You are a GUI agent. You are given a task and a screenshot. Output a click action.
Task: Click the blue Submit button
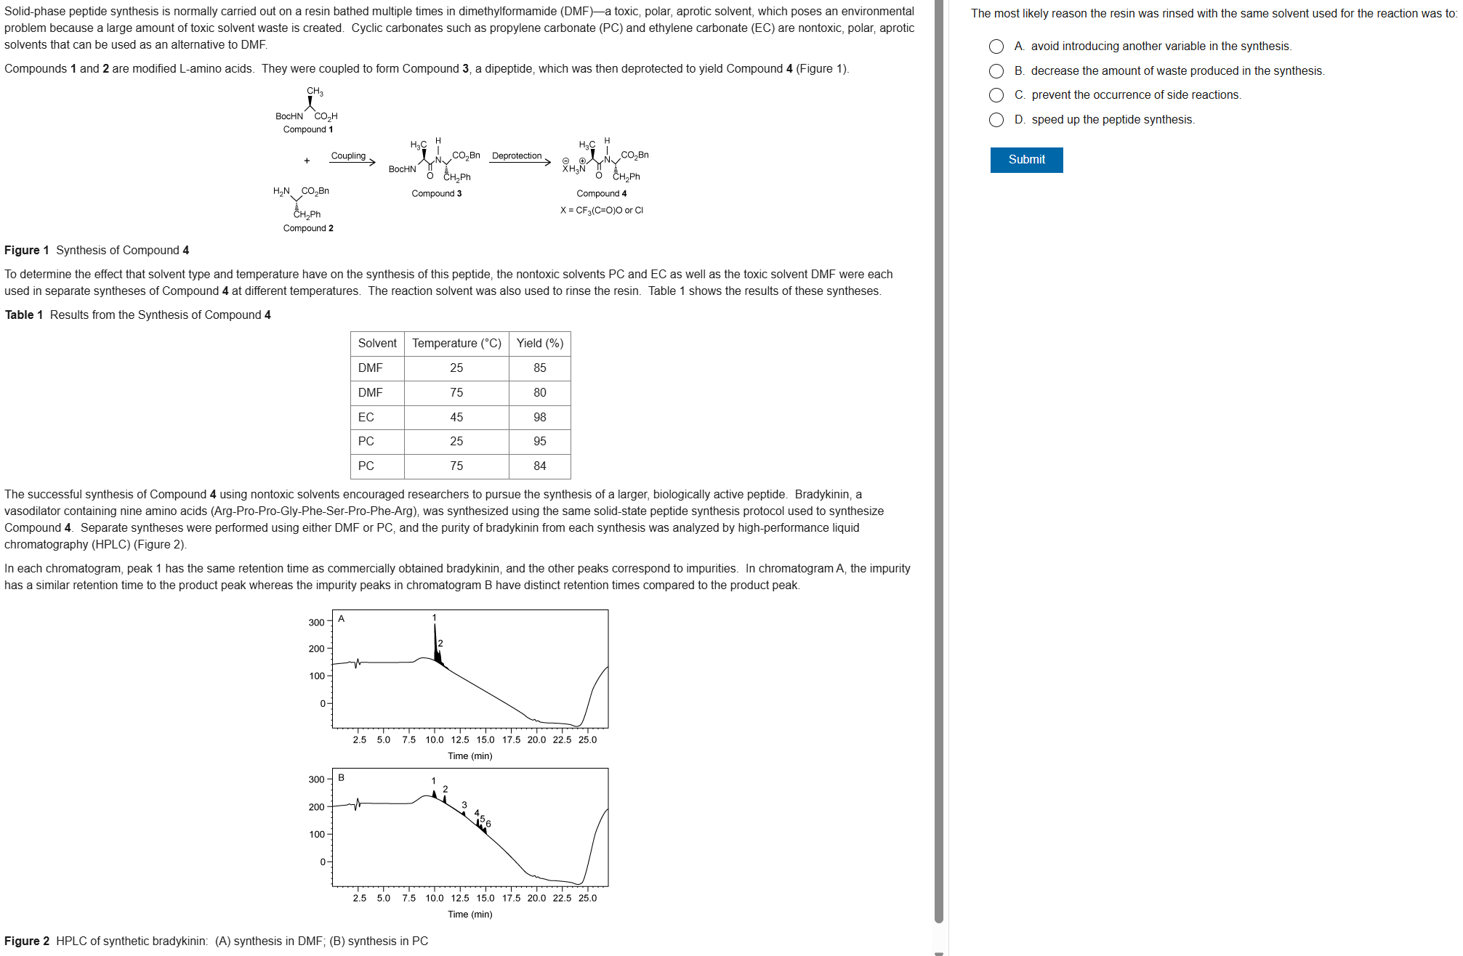point(1025,160)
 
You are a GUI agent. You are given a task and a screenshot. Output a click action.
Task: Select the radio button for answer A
point(996,46)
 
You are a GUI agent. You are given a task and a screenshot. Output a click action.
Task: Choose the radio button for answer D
point(996,120)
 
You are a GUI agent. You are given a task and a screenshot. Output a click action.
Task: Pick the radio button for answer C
point(996,95)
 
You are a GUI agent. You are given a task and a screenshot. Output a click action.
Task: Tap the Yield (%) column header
point(539,344)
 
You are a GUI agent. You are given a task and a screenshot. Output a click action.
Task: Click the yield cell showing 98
point(539,417)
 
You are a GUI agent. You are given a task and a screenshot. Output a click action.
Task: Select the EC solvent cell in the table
point(366,417)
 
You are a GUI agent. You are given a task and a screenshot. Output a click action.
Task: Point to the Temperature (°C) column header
point(456,344)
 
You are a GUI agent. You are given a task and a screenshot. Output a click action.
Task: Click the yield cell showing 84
point(539,466)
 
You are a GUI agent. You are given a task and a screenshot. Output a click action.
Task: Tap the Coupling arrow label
point(348,156)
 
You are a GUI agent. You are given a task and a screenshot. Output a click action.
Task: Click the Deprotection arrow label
point(517,156)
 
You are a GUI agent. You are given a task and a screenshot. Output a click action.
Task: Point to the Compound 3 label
point(436,193)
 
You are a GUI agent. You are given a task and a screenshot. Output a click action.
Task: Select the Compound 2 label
point(308,228)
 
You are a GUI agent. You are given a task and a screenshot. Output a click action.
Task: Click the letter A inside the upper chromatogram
point(341,619)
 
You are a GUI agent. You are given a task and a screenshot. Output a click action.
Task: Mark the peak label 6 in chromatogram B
point(488,824)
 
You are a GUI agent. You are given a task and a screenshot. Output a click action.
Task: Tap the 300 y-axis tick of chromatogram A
point(316,623)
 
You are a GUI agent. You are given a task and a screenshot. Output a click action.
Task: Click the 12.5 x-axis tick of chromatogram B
point(459,898)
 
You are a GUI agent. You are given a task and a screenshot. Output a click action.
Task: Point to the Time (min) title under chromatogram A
point(469,756)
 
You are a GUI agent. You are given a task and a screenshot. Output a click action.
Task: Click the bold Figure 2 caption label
point(27,941)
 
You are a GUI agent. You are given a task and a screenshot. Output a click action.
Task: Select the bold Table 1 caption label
point(24,315)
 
